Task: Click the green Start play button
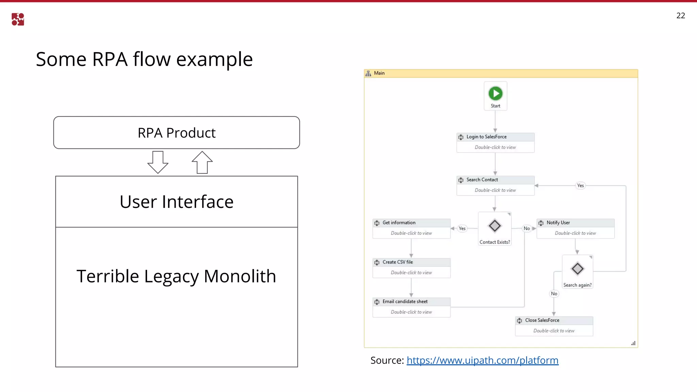496,94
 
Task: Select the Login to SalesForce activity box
495,143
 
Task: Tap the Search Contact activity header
495,180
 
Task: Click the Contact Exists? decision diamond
495,226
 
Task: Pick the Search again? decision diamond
578,269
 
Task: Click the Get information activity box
411,228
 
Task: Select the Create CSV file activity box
411,268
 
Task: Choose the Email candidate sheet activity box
411,307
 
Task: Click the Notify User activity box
575,228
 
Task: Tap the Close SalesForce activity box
554,326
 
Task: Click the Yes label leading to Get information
462,228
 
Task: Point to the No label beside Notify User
526,228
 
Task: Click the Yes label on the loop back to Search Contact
580,185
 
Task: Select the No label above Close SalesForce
554,294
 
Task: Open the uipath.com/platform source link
482,360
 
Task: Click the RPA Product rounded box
176,133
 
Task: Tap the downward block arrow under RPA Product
158,162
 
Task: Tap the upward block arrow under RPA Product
202,162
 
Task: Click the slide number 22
680,16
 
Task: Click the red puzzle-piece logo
18,19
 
